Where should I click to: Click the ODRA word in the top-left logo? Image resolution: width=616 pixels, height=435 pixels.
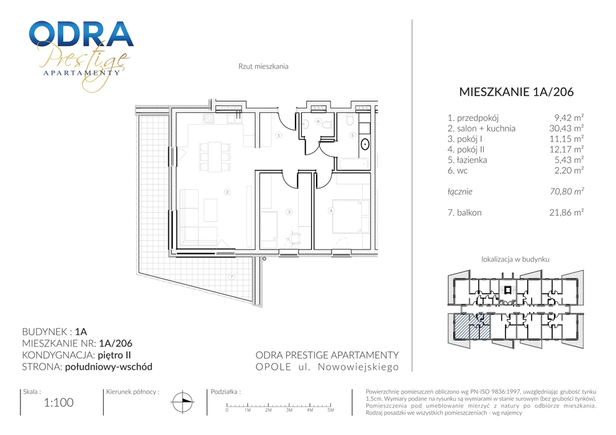click(x=81, y=34)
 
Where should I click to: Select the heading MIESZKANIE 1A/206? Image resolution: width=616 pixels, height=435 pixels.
click(x=516, y=92)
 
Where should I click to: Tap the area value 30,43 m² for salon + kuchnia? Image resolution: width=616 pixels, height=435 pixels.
click(x=566, y=128)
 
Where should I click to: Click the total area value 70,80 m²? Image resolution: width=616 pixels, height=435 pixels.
click(x=566, y=192)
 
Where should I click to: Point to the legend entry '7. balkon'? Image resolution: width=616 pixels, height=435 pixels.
click(x=464, y=213)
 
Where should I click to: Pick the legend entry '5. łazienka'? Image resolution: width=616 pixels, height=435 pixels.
click(x=467, y=160)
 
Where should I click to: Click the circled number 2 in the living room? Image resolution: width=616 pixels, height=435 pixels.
click(x=227, y=192)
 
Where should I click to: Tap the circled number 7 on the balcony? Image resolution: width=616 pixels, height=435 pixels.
click(x=232, y=276)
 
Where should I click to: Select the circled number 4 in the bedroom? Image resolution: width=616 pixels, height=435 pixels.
click(x=331, y=211)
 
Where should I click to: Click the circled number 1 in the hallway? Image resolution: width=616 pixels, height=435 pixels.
click(x=279, y=135)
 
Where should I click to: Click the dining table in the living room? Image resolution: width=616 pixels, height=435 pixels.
click(x=214, y=156)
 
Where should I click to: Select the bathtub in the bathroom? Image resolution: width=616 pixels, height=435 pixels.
click(x=353, y=164)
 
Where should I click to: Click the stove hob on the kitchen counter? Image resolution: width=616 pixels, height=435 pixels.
click(x=209, y=118)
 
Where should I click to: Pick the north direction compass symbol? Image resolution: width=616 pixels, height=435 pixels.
click(x=183, y=402)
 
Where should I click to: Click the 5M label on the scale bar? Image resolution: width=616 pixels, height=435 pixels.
click(x=330, y=410)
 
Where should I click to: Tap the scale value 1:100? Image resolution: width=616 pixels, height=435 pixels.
click(x=59, y=403)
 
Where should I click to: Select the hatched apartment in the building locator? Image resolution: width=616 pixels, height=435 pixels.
click(x=472, y=326)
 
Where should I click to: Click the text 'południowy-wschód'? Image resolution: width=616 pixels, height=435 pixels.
click(x=109, y=367)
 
